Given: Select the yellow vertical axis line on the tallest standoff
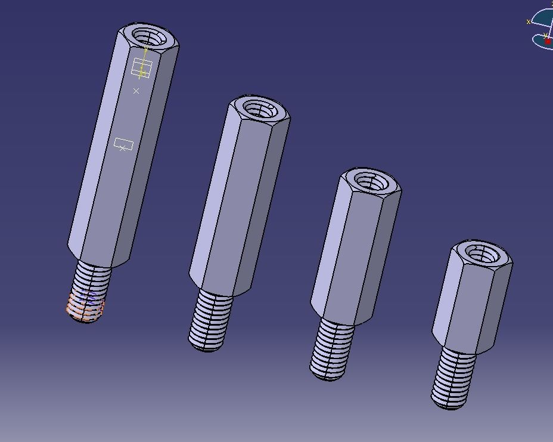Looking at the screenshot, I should [x=144, y=60].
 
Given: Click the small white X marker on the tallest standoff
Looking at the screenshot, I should [x=136, y=91].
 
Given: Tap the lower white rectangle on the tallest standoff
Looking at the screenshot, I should [x=123, y=144].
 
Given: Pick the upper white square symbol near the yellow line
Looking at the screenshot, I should [x=141, y=68].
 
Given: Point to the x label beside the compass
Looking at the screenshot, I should [x=529, y=21].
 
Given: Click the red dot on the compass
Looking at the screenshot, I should [x=548, y=41].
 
